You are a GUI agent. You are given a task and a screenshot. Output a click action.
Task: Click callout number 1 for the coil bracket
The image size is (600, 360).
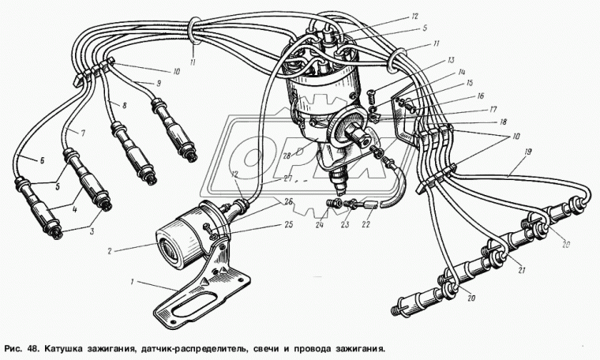click(x=133, y=283)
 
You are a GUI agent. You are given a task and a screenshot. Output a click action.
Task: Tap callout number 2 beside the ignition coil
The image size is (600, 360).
click(x=110, y=251)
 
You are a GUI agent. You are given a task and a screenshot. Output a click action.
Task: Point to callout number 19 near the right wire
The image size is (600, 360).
click(x=528, y=152)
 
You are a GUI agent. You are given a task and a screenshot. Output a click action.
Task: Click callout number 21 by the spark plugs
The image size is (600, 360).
click(x=521, y=270)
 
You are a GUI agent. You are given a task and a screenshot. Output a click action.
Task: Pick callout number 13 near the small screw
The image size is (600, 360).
click(x=450, y=60)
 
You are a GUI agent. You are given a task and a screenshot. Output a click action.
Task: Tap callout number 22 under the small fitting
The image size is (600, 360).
click(x=366, y=224)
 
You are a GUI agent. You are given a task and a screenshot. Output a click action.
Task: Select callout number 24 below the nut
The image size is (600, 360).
click(x=320, y=224)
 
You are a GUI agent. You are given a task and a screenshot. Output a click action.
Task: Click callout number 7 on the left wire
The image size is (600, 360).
click(x=83, y=133)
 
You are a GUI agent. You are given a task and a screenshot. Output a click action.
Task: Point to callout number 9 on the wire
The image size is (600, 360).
click(x=159, y=83)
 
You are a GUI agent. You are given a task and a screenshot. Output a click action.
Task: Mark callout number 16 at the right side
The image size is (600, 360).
click(x=481, y=96)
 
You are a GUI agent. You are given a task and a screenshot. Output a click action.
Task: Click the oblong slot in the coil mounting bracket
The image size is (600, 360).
click(x=193, y=303)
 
